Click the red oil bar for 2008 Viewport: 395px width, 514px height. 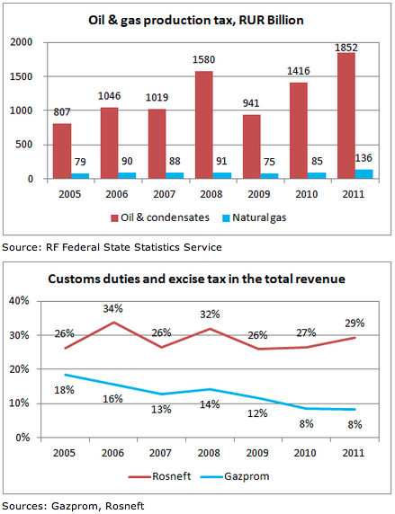pos(204,125)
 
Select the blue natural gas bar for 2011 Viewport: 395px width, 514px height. pos(364,174)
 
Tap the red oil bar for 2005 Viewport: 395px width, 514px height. pos(62,151)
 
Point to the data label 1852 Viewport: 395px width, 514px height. pos(346,48)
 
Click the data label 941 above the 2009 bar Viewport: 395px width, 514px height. pos(251,103)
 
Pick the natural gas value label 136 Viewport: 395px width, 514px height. pos(364,158)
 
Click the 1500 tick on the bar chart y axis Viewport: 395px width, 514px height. pos(22,76)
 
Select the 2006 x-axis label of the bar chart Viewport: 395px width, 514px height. pos(117,194)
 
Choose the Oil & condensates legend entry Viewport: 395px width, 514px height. pos(160,217)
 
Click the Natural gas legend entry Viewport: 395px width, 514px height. pos(254,218)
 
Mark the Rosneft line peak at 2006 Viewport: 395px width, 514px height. pos(113,323)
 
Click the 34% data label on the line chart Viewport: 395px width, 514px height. pos(112,308)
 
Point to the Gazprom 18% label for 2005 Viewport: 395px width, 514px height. pos(64,390)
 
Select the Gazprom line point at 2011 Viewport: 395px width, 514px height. pos(355,409)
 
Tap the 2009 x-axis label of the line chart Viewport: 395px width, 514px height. pos(257,453)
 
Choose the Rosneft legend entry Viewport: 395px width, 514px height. pos(159,476)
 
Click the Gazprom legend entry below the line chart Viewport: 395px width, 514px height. pos(235,476)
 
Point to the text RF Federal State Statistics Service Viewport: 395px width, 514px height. pos(134,247)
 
